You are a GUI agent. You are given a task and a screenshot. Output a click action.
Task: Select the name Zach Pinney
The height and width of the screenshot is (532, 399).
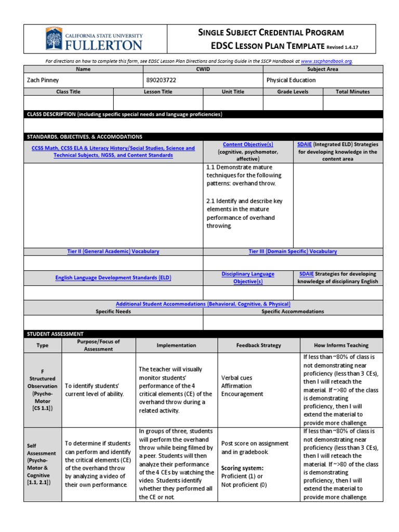43,80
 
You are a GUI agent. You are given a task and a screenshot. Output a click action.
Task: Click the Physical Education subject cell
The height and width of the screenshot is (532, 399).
290,80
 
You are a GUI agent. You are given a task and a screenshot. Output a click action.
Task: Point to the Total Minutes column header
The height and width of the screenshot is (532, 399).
353,91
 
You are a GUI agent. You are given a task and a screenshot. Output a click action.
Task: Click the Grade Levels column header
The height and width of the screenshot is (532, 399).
292,91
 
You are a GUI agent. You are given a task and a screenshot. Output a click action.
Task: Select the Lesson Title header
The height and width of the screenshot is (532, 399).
158,91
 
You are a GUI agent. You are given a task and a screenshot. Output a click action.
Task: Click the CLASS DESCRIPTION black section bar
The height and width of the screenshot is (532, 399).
203,114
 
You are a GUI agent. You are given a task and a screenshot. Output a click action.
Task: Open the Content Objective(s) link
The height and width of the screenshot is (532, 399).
248,144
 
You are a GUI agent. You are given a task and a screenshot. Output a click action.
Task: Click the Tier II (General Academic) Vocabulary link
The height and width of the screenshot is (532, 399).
113,251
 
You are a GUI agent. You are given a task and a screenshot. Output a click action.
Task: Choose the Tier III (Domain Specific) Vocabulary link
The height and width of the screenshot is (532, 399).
292,251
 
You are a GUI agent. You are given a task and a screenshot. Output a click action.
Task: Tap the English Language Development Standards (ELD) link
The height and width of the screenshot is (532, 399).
113,278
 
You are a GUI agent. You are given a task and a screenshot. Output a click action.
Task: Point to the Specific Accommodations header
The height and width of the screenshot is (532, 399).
292,312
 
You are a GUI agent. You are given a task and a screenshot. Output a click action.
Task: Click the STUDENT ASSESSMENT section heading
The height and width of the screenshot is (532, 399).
55,334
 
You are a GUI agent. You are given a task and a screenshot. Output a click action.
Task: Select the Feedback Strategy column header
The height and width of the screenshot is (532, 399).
258,345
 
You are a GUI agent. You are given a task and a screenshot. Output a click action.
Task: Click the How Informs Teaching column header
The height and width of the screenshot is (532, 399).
341,345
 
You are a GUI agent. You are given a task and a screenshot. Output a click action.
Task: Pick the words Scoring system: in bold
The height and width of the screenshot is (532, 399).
242,468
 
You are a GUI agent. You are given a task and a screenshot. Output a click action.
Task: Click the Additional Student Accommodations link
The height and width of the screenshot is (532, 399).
203,304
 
